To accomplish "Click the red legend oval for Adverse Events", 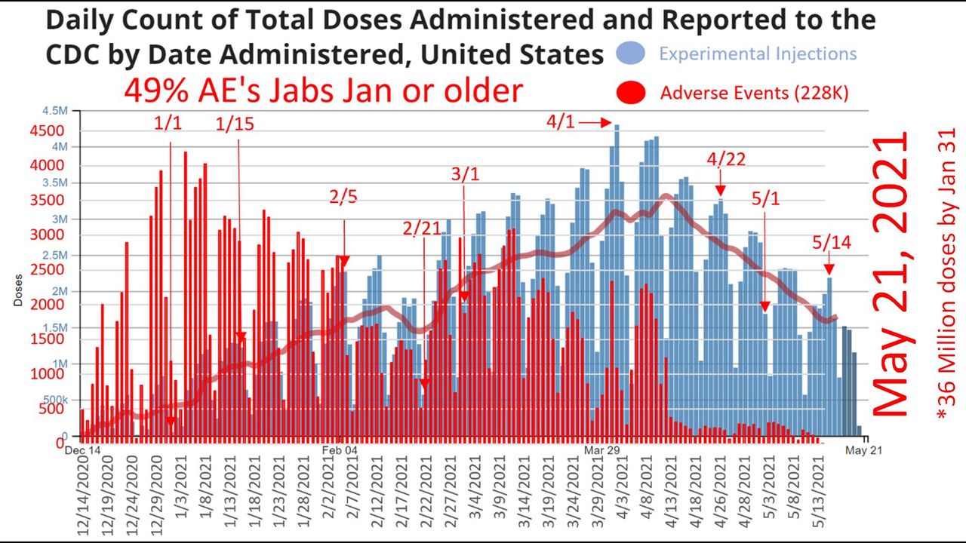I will pos(631,93).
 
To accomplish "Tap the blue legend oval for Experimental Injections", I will pos(630,54).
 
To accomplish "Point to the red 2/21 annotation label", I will pos(422,228).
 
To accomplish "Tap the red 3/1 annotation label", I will pos(465,174).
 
